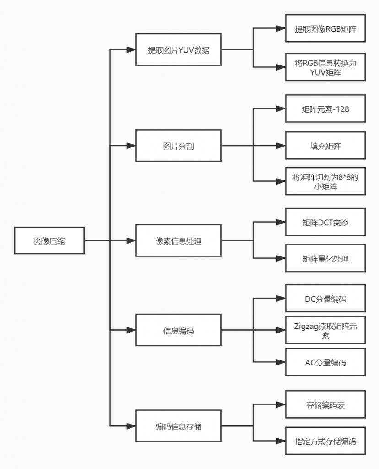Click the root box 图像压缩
coord(49,240)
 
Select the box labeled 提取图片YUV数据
coord(179,49)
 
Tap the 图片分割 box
coord(179,146)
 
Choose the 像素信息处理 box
coord(179,240)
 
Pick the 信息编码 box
coord(179,330)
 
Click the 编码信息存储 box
coord(179,426)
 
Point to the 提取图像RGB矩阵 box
coord(325,28)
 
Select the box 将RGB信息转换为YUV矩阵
coord(325,67)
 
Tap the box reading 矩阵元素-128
coord(325,109)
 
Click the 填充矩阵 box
coord(325,146)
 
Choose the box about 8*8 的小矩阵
coord(325,181)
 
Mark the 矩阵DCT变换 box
coord(325,222)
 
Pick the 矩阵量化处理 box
coord(325,258)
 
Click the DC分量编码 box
coord(325,299)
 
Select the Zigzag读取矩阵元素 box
coord(325,330)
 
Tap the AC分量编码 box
coord(325,362)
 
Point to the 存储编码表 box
coord(325,404)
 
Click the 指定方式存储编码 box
coord(325,441)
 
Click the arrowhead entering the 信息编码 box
coord(131,330)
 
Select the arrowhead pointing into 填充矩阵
coord(281,146)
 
